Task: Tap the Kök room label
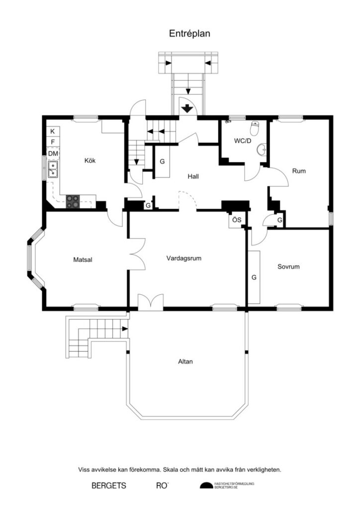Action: (90, 161)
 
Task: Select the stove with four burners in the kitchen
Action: (73, 201)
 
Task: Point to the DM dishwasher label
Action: (53, 154)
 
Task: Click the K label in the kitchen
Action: (53, 131)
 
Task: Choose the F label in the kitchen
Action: (53, 143)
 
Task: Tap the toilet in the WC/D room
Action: (256, 129)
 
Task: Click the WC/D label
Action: (243, 141)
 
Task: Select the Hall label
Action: (194, 176)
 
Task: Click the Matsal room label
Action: (83, 259)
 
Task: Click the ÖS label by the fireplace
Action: (236, 220)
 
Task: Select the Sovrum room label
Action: (288, 266)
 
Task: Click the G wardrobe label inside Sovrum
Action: (254, 276)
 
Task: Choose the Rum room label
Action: (298, 171)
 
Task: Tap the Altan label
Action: (185, 361)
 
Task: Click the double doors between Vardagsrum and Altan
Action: (150, 303)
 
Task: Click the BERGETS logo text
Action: (108, 485)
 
